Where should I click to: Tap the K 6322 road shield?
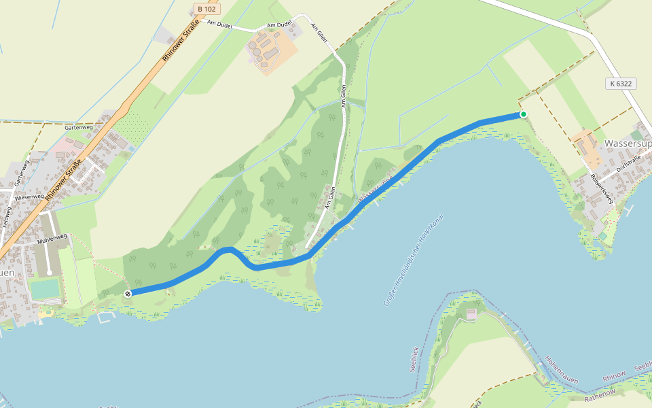pos(620,84)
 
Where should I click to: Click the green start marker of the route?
pos(523,114)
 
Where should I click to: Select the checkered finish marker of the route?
pos(128,293)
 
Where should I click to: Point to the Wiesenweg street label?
pos(29,197)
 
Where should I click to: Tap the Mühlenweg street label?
pos(53,237)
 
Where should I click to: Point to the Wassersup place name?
pos(627,144)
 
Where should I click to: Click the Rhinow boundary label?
pos(615,377)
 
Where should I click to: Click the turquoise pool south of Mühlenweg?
pos(45,289)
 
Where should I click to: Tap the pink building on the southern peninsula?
pos(471,314)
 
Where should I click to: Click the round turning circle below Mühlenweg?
pos(50,273)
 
